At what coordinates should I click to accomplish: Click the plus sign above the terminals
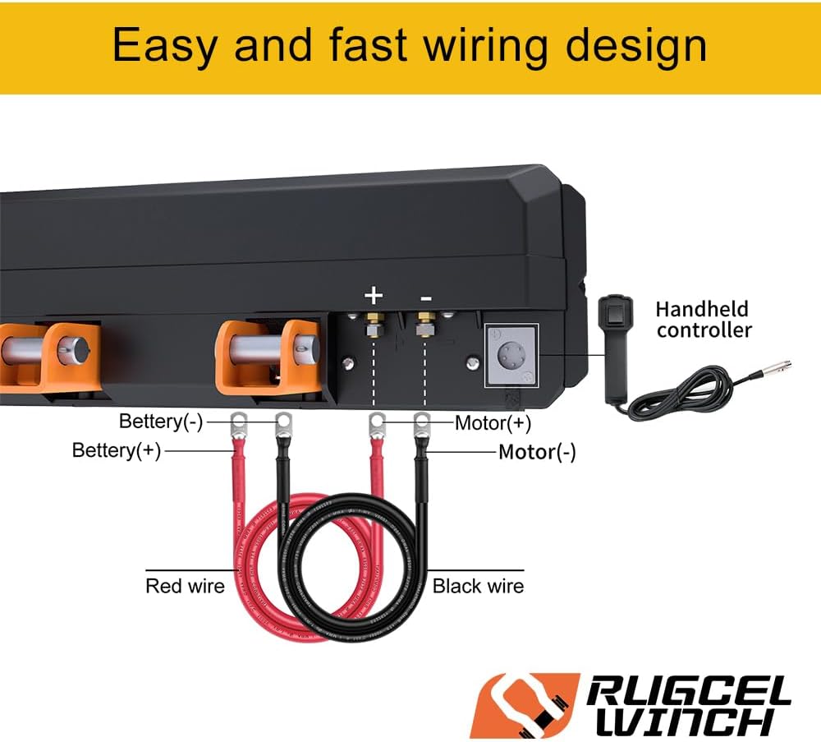click(x=374, y=295)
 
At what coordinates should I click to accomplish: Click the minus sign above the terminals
click(x=426, y=295)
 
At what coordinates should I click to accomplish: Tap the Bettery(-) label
click(x=161, y=422)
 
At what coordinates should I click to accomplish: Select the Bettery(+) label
click(x=117, y=450)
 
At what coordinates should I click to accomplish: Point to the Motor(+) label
click(x=493, y=423)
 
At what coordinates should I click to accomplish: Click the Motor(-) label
click(x=537, y=452)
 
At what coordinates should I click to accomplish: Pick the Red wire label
click(x=185, y=586)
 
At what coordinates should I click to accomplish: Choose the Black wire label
click(x=478, y=586)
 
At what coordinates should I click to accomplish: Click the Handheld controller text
click(x=703, y=320)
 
